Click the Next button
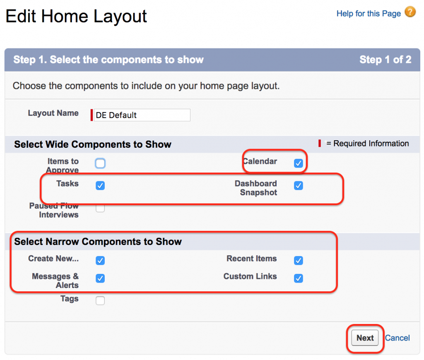(x=365, y=338)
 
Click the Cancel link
(x=397, y=338)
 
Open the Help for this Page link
(x=369, y=14)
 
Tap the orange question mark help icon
(x=410, y=12)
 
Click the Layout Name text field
(x=142, y=115)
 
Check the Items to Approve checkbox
(x=100, y=163)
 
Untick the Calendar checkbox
(x=298, y=163)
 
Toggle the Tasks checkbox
(x=100, y=186)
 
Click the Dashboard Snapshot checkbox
(x=298, y=186)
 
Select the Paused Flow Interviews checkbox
(x=100, y=208)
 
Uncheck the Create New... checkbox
(x=100, y=261)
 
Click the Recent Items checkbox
(x=298, y=261)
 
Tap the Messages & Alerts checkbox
(x=100, y=278)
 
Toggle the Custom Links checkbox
(x=298, y=278)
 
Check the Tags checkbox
(x=100, y=301)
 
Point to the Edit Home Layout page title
(x=76, y=17)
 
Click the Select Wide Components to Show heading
(x=93, y=144)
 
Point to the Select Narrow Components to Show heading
(x=98, y=242)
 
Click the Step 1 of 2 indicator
(x=385, y=60)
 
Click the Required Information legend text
(x=367, y=144)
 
